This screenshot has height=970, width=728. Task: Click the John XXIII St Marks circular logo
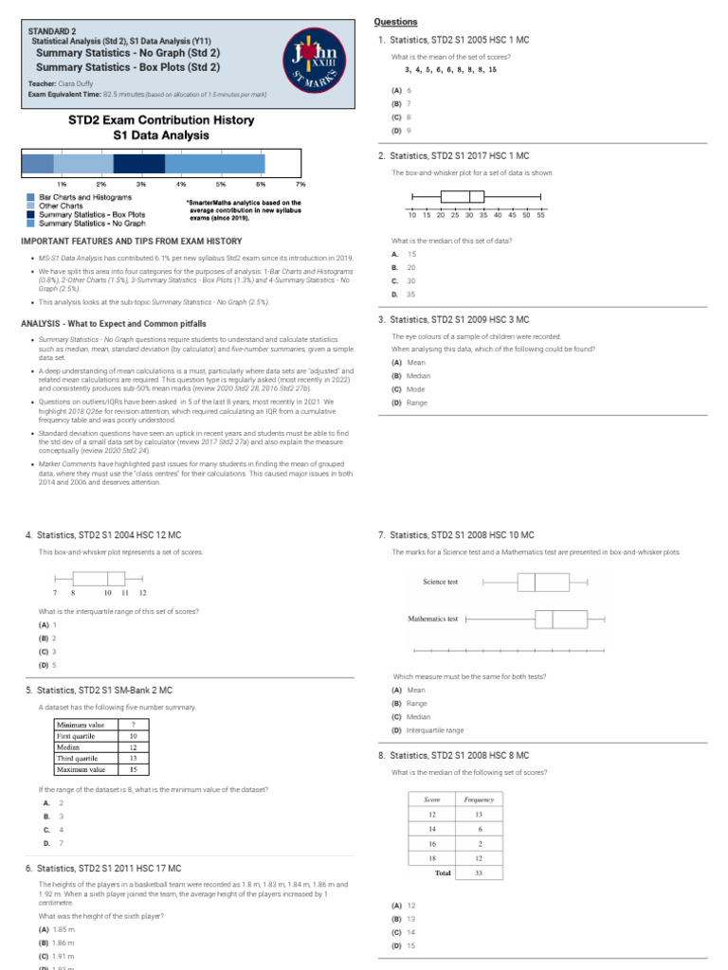(x=314, y=63)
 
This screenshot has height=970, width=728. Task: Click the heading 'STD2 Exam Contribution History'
(x=161, y=120)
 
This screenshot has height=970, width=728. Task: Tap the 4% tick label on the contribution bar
(x=181, y=183)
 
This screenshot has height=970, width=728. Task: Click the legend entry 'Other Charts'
(x=61, y=205)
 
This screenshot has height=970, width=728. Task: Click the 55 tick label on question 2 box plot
(x=540, y=216)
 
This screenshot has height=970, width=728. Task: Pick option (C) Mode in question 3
(x=409, y=389)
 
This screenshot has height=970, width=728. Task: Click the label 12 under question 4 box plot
(x=143, y=592)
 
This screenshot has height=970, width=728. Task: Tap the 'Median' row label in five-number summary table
(x=69, y=746)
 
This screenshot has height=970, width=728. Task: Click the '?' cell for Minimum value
(x=132, y=725)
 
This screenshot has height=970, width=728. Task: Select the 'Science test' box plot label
(x=440, y=582)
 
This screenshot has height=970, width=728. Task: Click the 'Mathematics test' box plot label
(x=432, y=619)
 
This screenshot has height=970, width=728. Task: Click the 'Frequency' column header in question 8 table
(x=479, y=799)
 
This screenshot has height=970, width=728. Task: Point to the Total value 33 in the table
(x=479, y=872)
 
